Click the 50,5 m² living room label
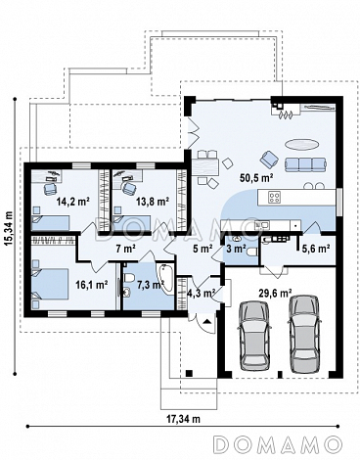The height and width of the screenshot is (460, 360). (256, 178)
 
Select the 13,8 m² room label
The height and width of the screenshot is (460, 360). (153, 202)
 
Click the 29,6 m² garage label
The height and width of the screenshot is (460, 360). (275, 293)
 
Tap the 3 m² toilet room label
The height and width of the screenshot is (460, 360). (236, 249)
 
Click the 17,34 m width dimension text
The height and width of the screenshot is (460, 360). (184, 419)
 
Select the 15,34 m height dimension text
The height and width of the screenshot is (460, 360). (10, 226)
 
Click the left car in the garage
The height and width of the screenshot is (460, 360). (254, 336)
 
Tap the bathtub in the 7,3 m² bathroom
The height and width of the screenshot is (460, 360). (166, 278)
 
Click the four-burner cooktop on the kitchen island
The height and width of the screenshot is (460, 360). (275, 197)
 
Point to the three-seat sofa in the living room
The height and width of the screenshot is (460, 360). (305, 164)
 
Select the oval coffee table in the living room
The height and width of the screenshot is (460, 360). (301, 144)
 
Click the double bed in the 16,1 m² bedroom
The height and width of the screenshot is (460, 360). (50, 284)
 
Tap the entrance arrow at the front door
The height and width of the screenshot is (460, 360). (206, 322)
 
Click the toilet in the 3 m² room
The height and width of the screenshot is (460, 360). (252, 253)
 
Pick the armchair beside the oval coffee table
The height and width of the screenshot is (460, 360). (269, 159)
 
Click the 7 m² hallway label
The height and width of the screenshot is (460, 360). (125, 249)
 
